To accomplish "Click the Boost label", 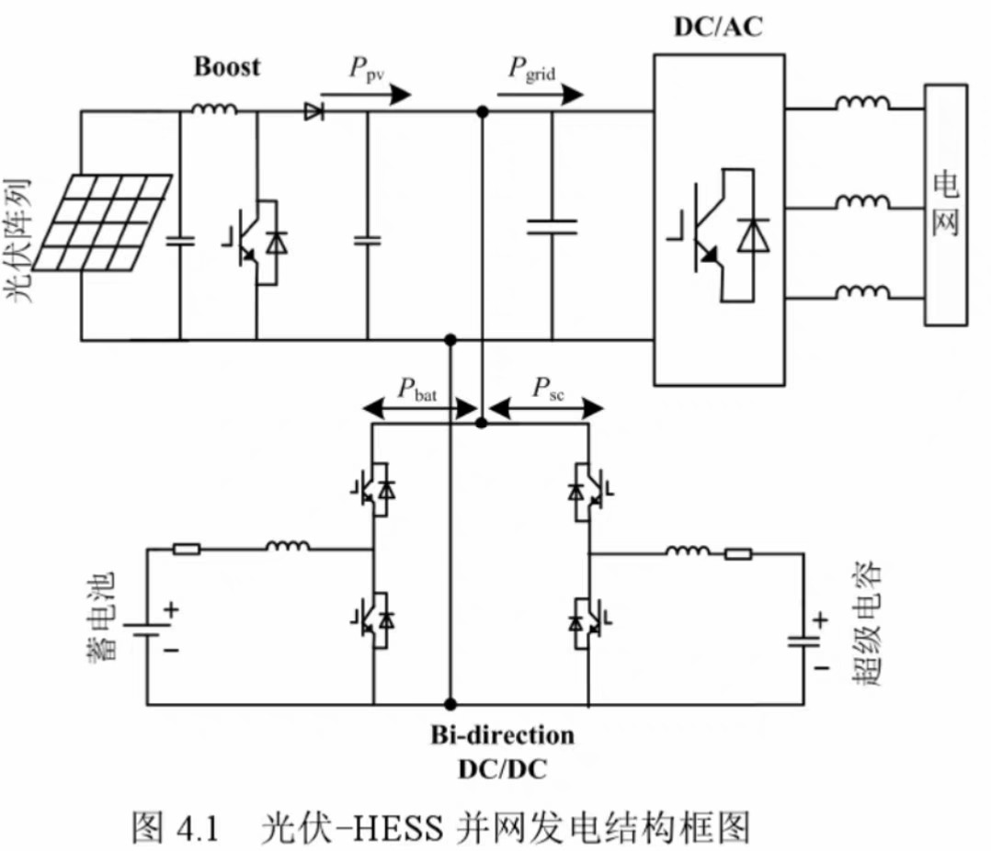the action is (226, 66).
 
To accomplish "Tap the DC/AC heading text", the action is (719, 27).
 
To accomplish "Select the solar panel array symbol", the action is (102, 223).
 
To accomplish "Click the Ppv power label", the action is (367, 68).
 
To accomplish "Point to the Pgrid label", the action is (532, 69).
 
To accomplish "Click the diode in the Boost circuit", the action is (314, 112).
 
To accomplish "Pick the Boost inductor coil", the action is (214, 108).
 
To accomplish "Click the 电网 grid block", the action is (946, 205).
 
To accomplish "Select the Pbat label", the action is (417, 389).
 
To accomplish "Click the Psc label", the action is (548, 389).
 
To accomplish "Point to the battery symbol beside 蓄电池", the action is (147, 630).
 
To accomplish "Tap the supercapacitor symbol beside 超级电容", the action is (803, 641).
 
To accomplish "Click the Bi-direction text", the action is (503, 735).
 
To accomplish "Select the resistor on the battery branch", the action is (188, 549).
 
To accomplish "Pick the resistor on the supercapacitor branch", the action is (738, 554).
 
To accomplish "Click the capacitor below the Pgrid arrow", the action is (552, 227).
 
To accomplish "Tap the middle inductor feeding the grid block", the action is (863, 201).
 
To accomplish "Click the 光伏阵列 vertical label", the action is (18, 241).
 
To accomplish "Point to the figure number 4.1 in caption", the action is (198, 828).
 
